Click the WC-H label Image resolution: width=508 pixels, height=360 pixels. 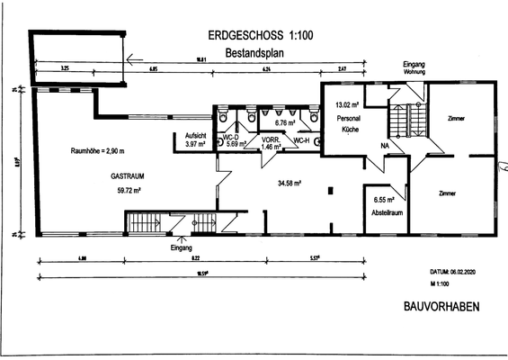click(x=303, y=140)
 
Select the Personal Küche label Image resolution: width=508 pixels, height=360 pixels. click(x=348, y=124)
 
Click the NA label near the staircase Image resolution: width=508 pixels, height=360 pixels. click(x=384, y=145)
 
